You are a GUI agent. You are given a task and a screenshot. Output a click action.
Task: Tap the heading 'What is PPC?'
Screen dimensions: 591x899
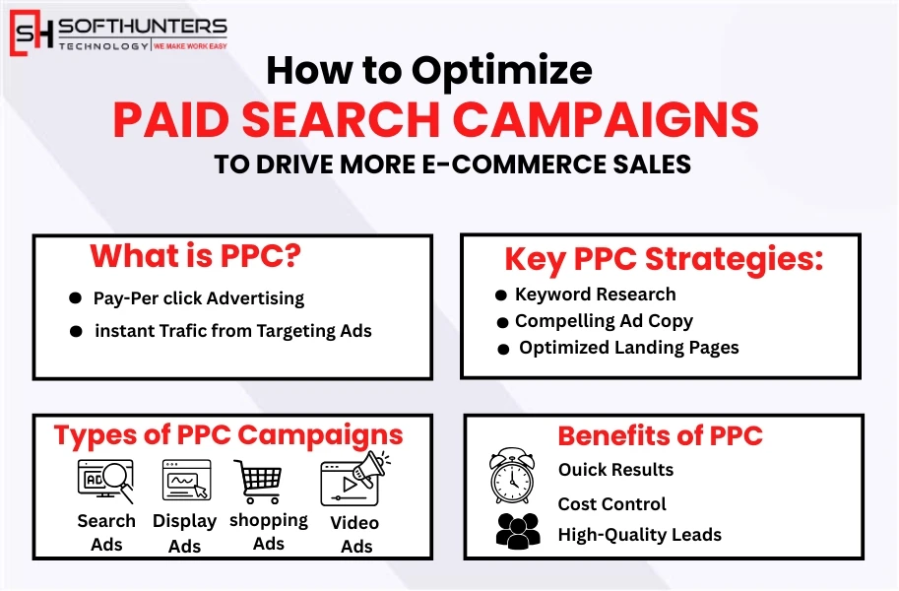point(195,256)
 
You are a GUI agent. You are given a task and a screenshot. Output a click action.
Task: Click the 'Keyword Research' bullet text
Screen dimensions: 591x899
point(595,295)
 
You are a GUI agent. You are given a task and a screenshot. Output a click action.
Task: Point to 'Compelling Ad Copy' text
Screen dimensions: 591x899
point(604,321)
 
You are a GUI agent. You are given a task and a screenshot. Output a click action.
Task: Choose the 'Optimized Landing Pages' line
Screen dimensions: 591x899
point(628,348)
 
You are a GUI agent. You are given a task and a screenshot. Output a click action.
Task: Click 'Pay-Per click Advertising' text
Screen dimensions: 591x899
point(199,298)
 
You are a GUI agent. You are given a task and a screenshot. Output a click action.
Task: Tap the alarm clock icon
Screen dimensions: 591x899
point(512,476)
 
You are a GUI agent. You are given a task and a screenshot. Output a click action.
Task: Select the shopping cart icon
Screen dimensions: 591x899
point(259,482)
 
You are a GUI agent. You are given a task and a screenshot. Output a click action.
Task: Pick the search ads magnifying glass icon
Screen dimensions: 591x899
point(105,482)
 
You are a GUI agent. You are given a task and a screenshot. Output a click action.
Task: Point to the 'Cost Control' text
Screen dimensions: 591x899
point(611,504)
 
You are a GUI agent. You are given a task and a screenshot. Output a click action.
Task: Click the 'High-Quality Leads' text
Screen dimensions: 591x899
point(639,535)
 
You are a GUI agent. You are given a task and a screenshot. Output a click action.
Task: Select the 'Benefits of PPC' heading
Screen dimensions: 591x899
point(660,435)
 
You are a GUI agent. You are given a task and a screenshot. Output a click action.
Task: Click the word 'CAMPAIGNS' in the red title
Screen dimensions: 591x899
point(609,120)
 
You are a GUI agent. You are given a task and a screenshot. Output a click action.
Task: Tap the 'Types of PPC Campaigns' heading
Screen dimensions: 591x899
point(228,434)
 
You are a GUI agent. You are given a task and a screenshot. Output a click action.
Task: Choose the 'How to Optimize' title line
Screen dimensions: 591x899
point(430,70)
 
